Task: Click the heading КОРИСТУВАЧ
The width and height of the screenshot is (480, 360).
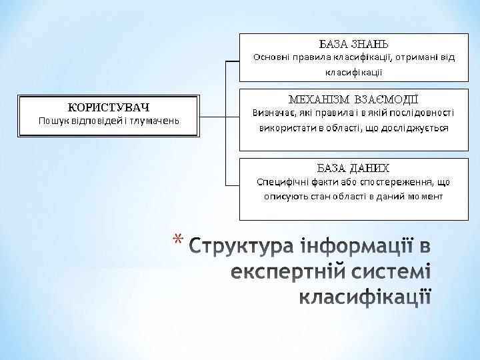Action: click(109, 107)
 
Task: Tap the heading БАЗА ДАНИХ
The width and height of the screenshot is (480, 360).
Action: click(353, 167)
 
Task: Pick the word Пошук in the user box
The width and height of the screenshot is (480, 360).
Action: click(53, 121)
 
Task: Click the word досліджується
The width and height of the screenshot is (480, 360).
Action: click(417, 127)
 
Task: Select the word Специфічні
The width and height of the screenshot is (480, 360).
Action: click(282, 181)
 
